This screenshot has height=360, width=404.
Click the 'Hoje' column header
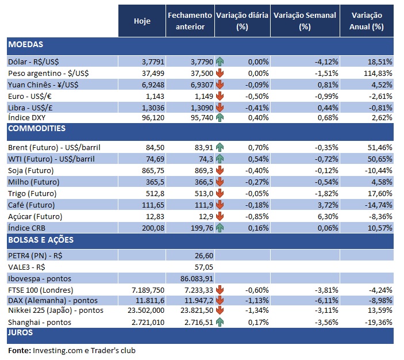[142, 21]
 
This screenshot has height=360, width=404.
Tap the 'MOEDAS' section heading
[26, 45]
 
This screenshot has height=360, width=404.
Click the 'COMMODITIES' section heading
[37, 128]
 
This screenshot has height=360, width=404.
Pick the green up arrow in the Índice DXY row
[220, 118]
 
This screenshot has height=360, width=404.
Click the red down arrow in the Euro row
[220, 95]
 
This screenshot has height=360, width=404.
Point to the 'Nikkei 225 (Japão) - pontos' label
[55, 311]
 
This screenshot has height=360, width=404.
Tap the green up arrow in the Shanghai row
[220, 323]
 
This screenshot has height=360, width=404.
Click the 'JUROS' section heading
[20, 332]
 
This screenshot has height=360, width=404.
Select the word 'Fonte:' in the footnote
[18, 350]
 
